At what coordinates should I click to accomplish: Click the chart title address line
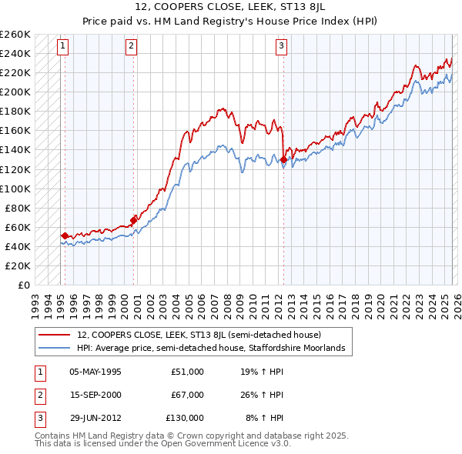pos(231,7)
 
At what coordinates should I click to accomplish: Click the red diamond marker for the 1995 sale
pos(65,235)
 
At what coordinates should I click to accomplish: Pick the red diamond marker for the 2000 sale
pos(133,220)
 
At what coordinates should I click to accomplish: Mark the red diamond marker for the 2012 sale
pos(283,159)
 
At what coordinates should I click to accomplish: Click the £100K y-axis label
pos(15,189)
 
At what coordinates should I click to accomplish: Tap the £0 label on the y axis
pos(23,285)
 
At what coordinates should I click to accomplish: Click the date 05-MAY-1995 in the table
pos(95,372)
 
